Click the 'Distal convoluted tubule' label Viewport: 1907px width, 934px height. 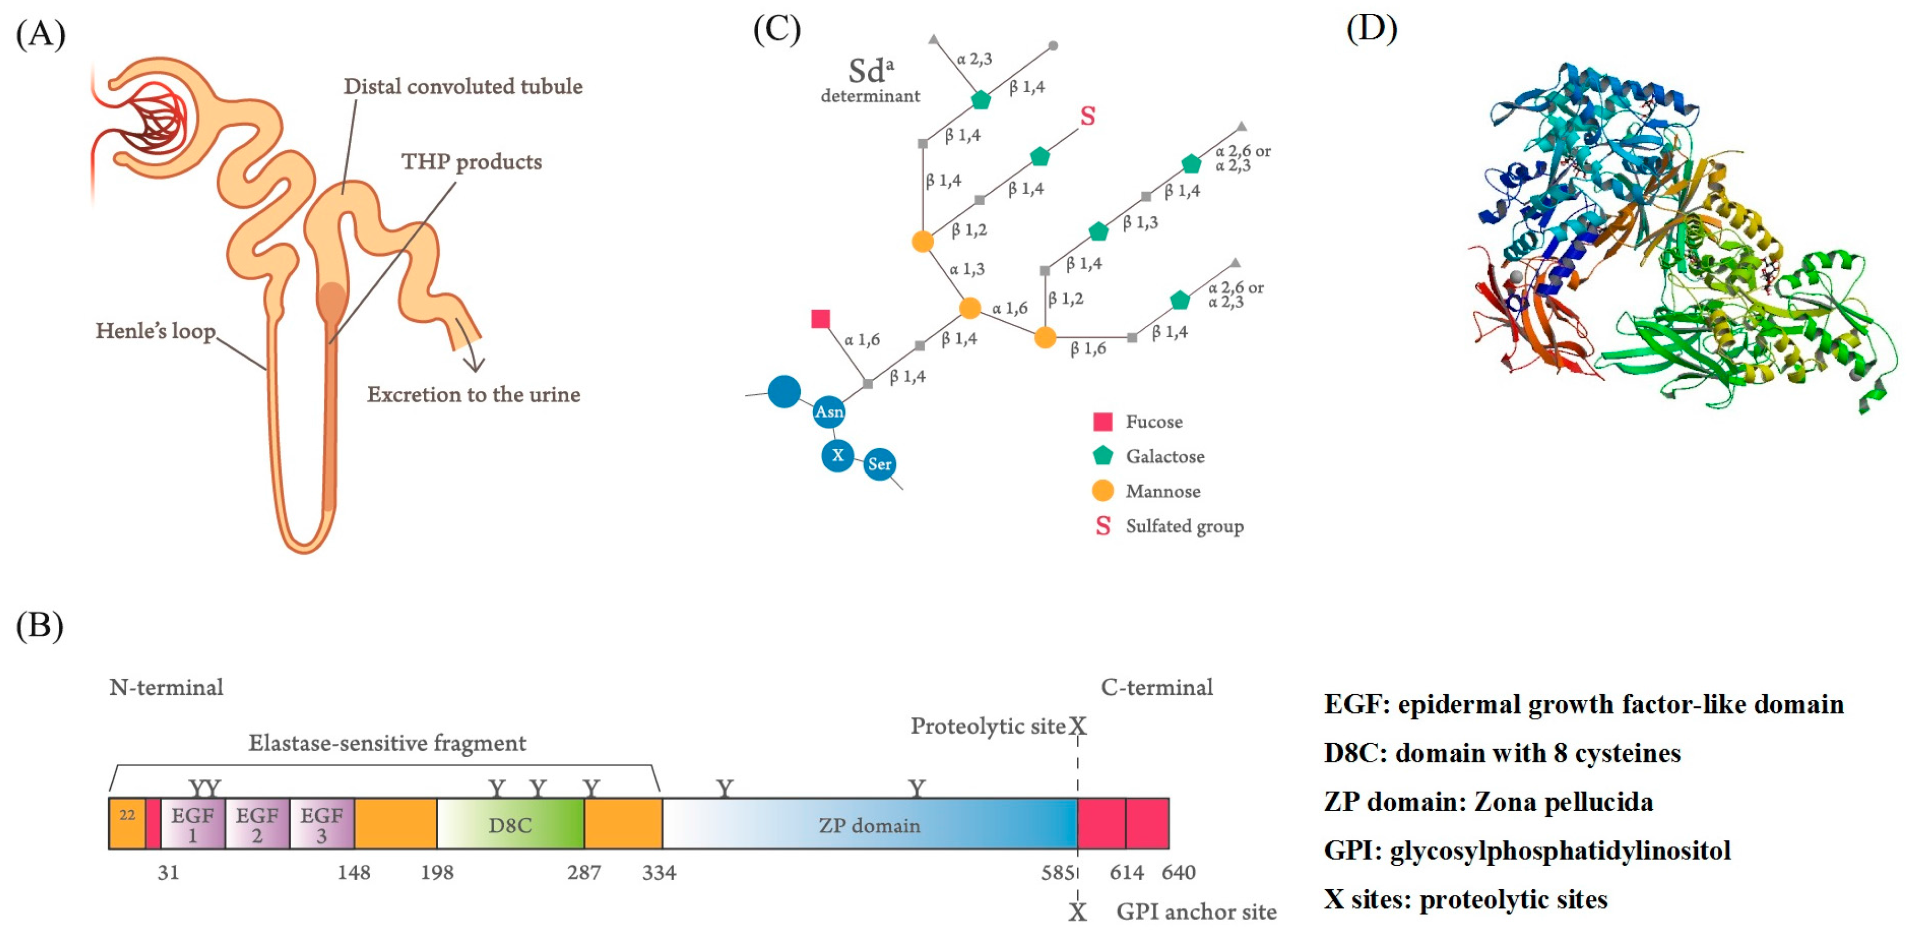[x=463, y=87]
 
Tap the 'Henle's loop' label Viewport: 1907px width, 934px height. [x=155, y=330]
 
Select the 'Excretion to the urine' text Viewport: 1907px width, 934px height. [x=473, y=394]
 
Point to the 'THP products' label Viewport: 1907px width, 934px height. [x=472, y=162]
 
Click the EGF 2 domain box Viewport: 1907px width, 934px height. [x=257, y=824]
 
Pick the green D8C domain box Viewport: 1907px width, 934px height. [x=510, y=824]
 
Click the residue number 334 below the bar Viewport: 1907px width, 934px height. [x=659, y=873]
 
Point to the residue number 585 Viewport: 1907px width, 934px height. [x=1056, y=873]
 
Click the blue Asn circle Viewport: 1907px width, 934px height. [x=828, y=412]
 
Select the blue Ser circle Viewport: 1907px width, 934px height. [x=879, y=465]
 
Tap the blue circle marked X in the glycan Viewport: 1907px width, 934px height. [x=837, y=456]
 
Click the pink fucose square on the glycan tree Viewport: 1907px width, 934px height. [x=820, y=319]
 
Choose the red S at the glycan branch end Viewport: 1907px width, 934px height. [x=1087, y=116]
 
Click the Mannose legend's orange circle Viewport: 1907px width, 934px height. [x=1102, y=490]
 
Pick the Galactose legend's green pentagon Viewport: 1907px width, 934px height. [x=1102, y=456]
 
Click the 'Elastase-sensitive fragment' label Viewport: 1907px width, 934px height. [x=387, y=743]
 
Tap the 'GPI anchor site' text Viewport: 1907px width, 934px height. [x=1196, y=912]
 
